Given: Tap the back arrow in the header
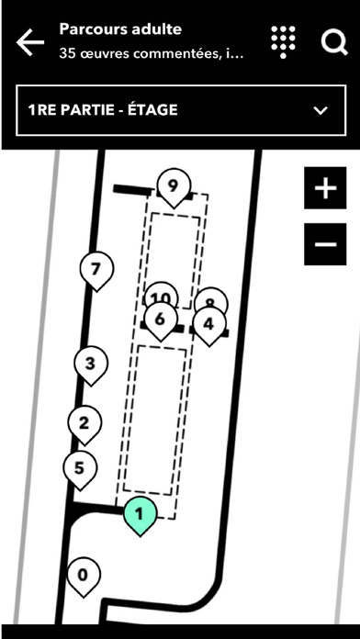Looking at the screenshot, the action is pos(30,41).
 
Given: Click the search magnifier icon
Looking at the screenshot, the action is pos(334,41).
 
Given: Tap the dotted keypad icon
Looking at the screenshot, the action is pos(284,42).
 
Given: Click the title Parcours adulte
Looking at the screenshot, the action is pos(120,29).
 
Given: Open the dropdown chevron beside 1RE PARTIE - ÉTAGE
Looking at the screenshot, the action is pos(321,110).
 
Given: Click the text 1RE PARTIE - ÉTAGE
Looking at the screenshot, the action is pos(103,110).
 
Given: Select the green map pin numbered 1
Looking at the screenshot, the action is pos(140,516).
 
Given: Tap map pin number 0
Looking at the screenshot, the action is pos(84,577).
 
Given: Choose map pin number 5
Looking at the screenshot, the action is pos(80,469).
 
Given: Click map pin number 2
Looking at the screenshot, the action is pos(84,424).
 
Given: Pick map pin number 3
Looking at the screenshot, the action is pos(91,364).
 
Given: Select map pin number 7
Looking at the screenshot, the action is pos(96,271).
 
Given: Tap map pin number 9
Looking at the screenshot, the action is pos(174,187).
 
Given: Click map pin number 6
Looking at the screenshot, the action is pos(161,320).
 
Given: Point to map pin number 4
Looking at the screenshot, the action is pos(209,326).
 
